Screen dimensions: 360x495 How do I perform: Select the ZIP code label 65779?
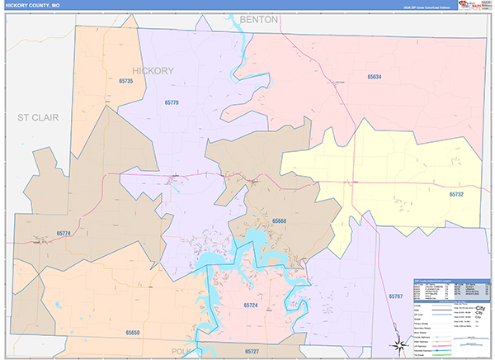[171, 102]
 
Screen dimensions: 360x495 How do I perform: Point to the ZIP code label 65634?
[375, 77]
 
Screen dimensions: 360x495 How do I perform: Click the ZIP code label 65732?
[457, 194]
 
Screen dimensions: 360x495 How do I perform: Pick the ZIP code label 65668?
[279, 221]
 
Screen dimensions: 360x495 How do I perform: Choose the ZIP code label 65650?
[134, 332]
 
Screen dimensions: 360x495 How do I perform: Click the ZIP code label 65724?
[252, 306]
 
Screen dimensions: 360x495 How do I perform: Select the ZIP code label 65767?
[395, 295]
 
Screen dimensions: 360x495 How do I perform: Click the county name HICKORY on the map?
[153, 70]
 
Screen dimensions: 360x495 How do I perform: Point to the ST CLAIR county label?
[38, 118]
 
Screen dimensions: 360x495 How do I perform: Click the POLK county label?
[180, 351]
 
